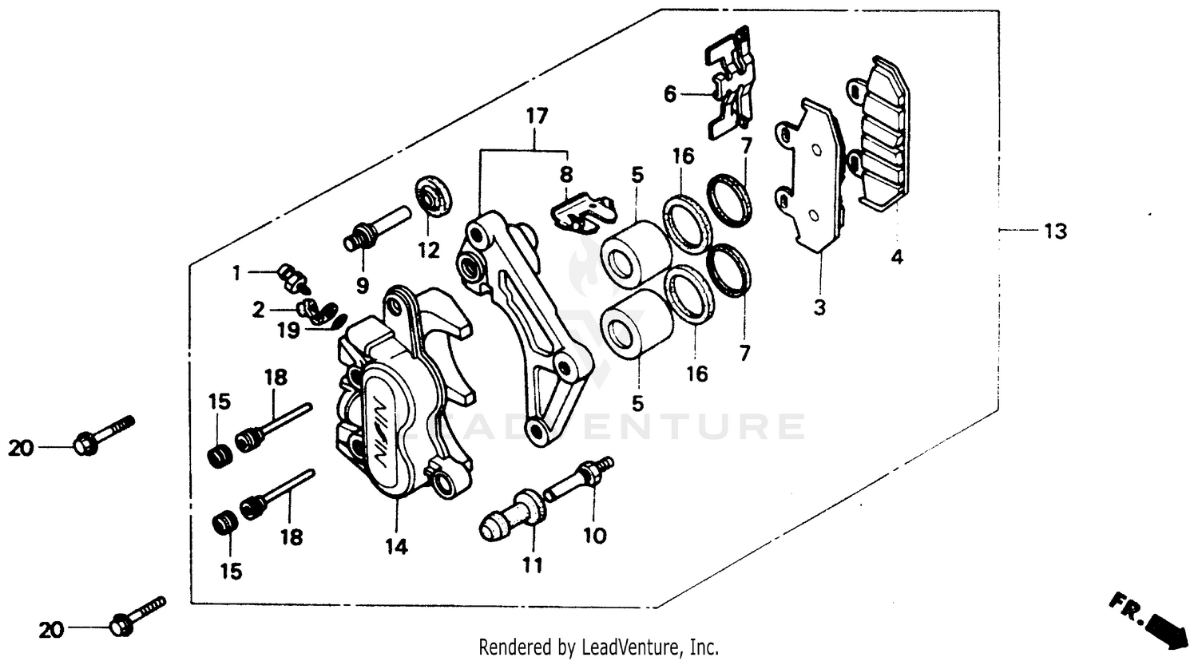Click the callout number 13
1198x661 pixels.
tap(1054, 232)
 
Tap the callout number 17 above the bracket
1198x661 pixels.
tap(537, 117)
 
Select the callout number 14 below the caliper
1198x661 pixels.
tap(396, 547)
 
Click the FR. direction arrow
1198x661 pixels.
tap(1149, 619)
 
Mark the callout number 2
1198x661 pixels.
tap(258, 310)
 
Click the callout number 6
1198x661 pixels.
tap(669, 95)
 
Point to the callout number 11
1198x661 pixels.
tap(533, 565)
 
